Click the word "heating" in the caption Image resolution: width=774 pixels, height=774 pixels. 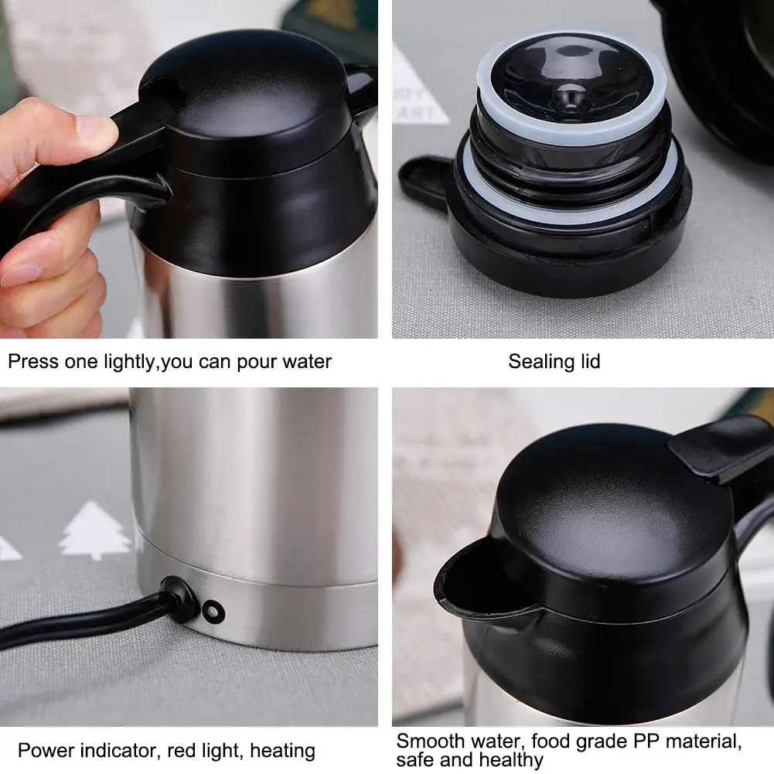[282, 752]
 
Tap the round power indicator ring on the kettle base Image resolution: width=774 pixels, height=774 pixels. [213, 612]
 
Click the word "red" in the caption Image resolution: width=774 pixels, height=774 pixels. [181, 751]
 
